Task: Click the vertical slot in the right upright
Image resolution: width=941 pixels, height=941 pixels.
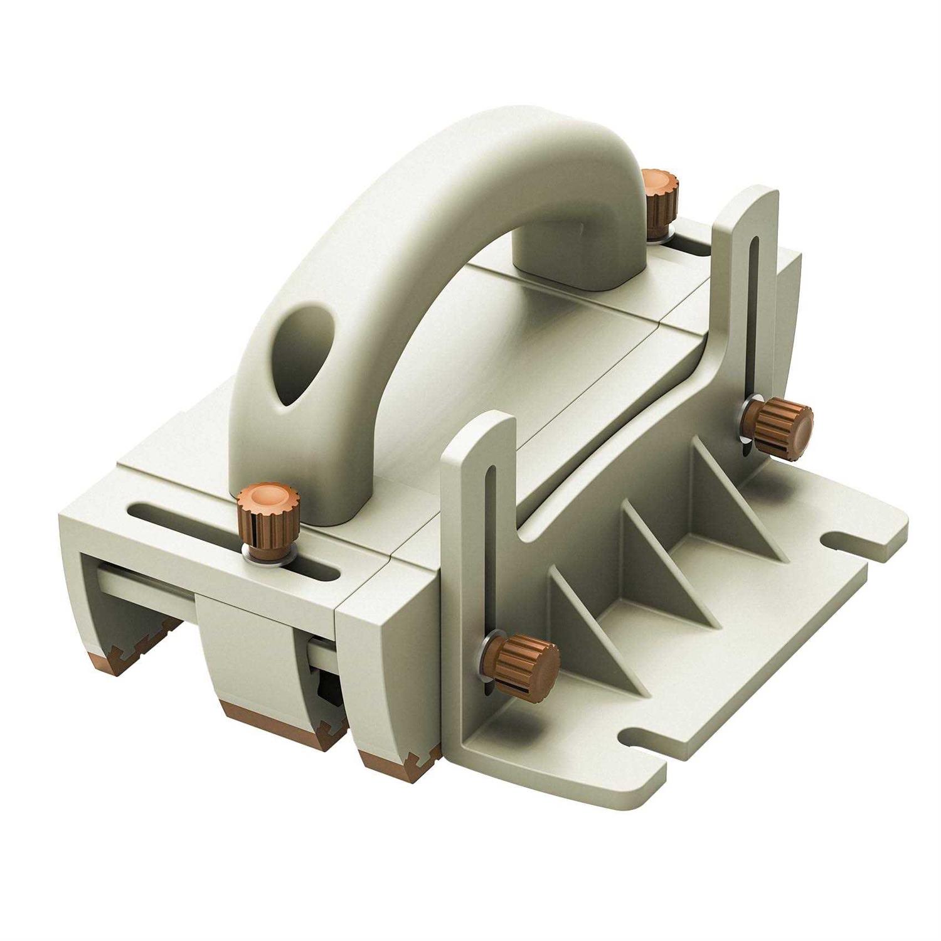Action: point(753,314)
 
